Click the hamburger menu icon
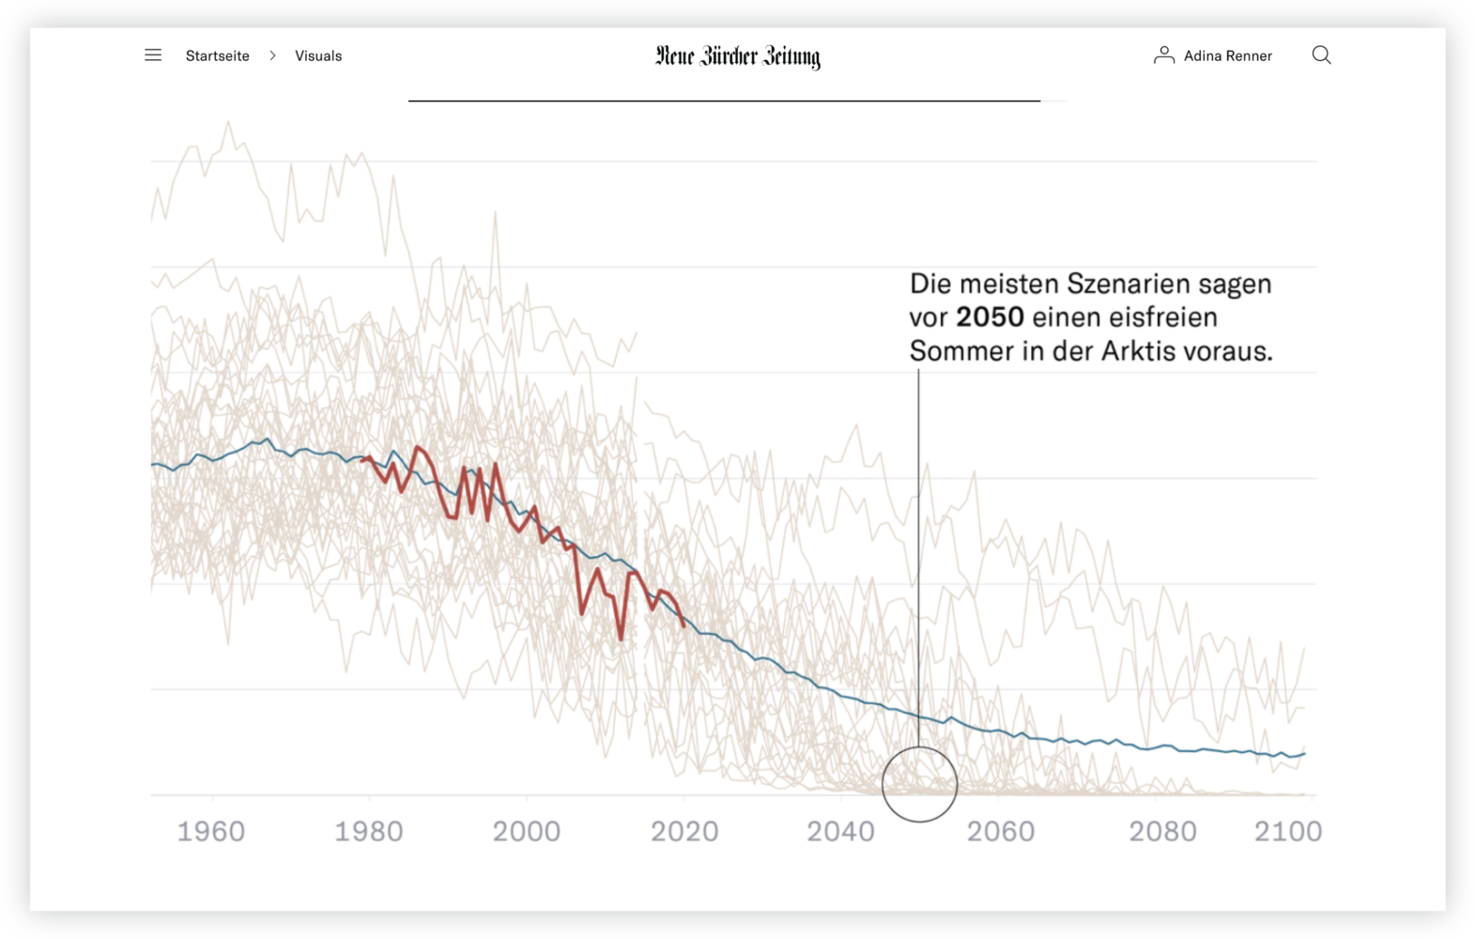(x=153, y=55)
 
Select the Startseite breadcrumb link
(x=218, y=56)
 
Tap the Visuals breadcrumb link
(x=318, y=56)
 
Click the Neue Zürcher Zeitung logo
(x=738, y=57)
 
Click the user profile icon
(x=1163, y=55)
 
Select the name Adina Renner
(x=1228, y=56)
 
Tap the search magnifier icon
(x=1321, y=55)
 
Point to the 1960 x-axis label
(x=211, y=831)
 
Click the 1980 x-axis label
(x=369, y=831)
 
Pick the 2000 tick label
(x=527, y=831)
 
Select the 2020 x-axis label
(x=684, y=831)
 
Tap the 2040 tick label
(x=841, y=831)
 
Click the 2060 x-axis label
(x=1001, y=831)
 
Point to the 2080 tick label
(x=1162, y=831)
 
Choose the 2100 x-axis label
(x=1288, y=831)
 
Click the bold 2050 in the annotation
(x=990, y=317)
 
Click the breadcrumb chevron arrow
(x=272, y=56)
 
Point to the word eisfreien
(x=1163, y=317)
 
